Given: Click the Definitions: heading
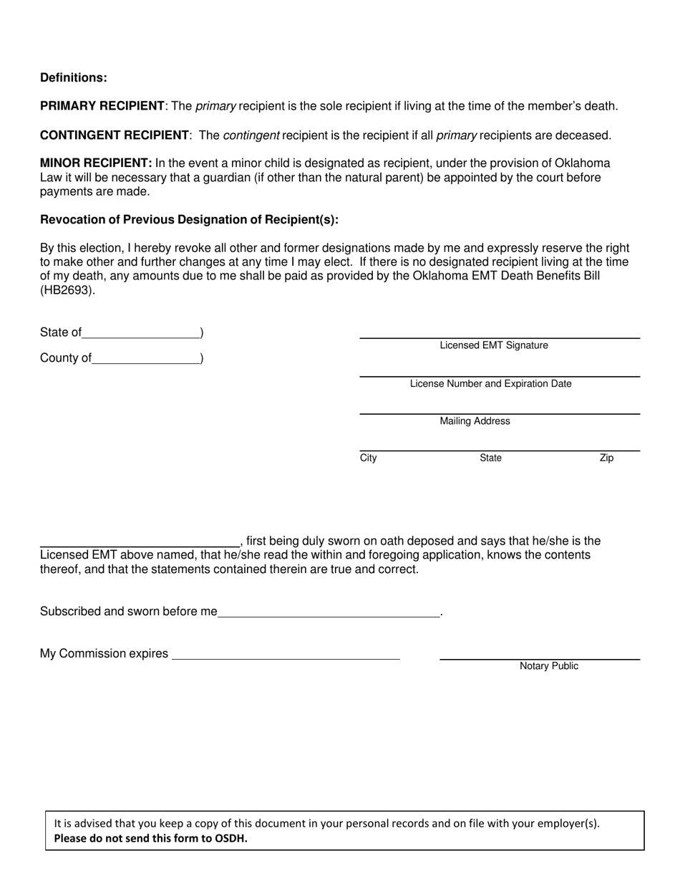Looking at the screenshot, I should (x=74, y=78).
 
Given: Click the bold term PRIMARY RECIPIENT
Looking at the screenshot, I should (x=102, y=106).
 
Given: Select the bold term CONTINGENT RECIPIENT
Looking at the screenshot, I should (x=115, y=135).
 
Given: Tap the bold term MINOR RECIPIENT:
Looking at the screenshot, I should (x=96, y=163).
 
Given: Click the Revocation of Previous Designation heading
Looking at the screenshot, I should (x=189, y=220).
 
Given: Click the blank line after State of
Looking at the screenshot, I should (x=141, y=334).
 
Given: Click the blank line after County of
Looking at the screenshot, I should (x=146, y=360).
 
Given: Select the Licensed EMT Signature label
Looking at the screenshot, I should (x=494, y=345).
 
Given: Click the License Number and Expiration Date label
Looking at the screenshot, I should (x=490, y=383).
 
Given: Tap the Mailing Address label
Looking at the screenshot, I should (x=475, y=421).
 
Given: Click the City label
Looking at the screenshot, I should (x=368, y=458).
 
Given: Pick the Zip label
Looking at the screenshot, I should (x=606, y=458).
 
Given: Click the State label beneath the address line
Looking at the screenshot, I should (x=490, y=458).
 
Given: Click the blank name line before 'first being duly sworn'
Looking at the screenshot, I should (x=140, y=543).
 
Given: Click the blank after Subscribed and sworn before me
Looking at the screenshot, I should (x=329, y=613).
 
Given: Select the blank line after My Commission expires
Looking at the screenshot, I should (x=286, y=655).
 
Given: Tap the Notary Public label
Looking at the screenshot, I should (x=549, y=666).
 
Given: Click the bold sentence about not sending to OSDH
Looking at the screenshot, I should (x=150, y=839).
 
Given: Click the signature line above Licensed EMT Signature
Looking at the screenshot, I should (x=499, y=337).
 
